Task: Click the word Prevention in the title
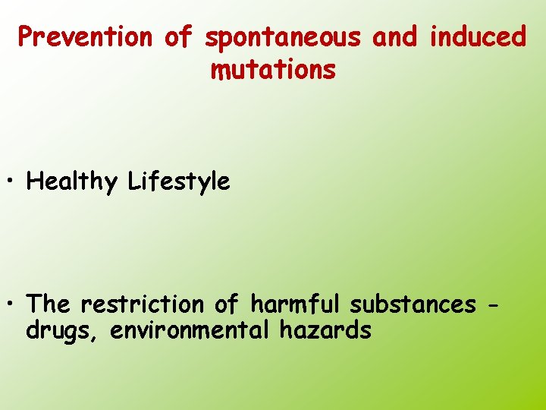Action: [x=86, y=36]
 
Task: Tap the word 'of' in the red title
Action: [x=179, y=36]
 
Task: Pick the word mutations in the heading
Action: [x=273, y=70]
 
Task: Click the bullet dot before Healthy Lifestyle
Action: [x=14, y=183]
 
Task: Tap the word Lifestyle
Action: [x=179, y=182]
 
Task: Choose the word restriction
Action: [x=143, y=304]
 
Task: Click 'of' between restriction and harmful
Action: [x=226, y=304]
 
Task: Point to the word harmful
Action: [x=297, y=304]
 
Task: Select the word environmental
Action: [x=190, y=331]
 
